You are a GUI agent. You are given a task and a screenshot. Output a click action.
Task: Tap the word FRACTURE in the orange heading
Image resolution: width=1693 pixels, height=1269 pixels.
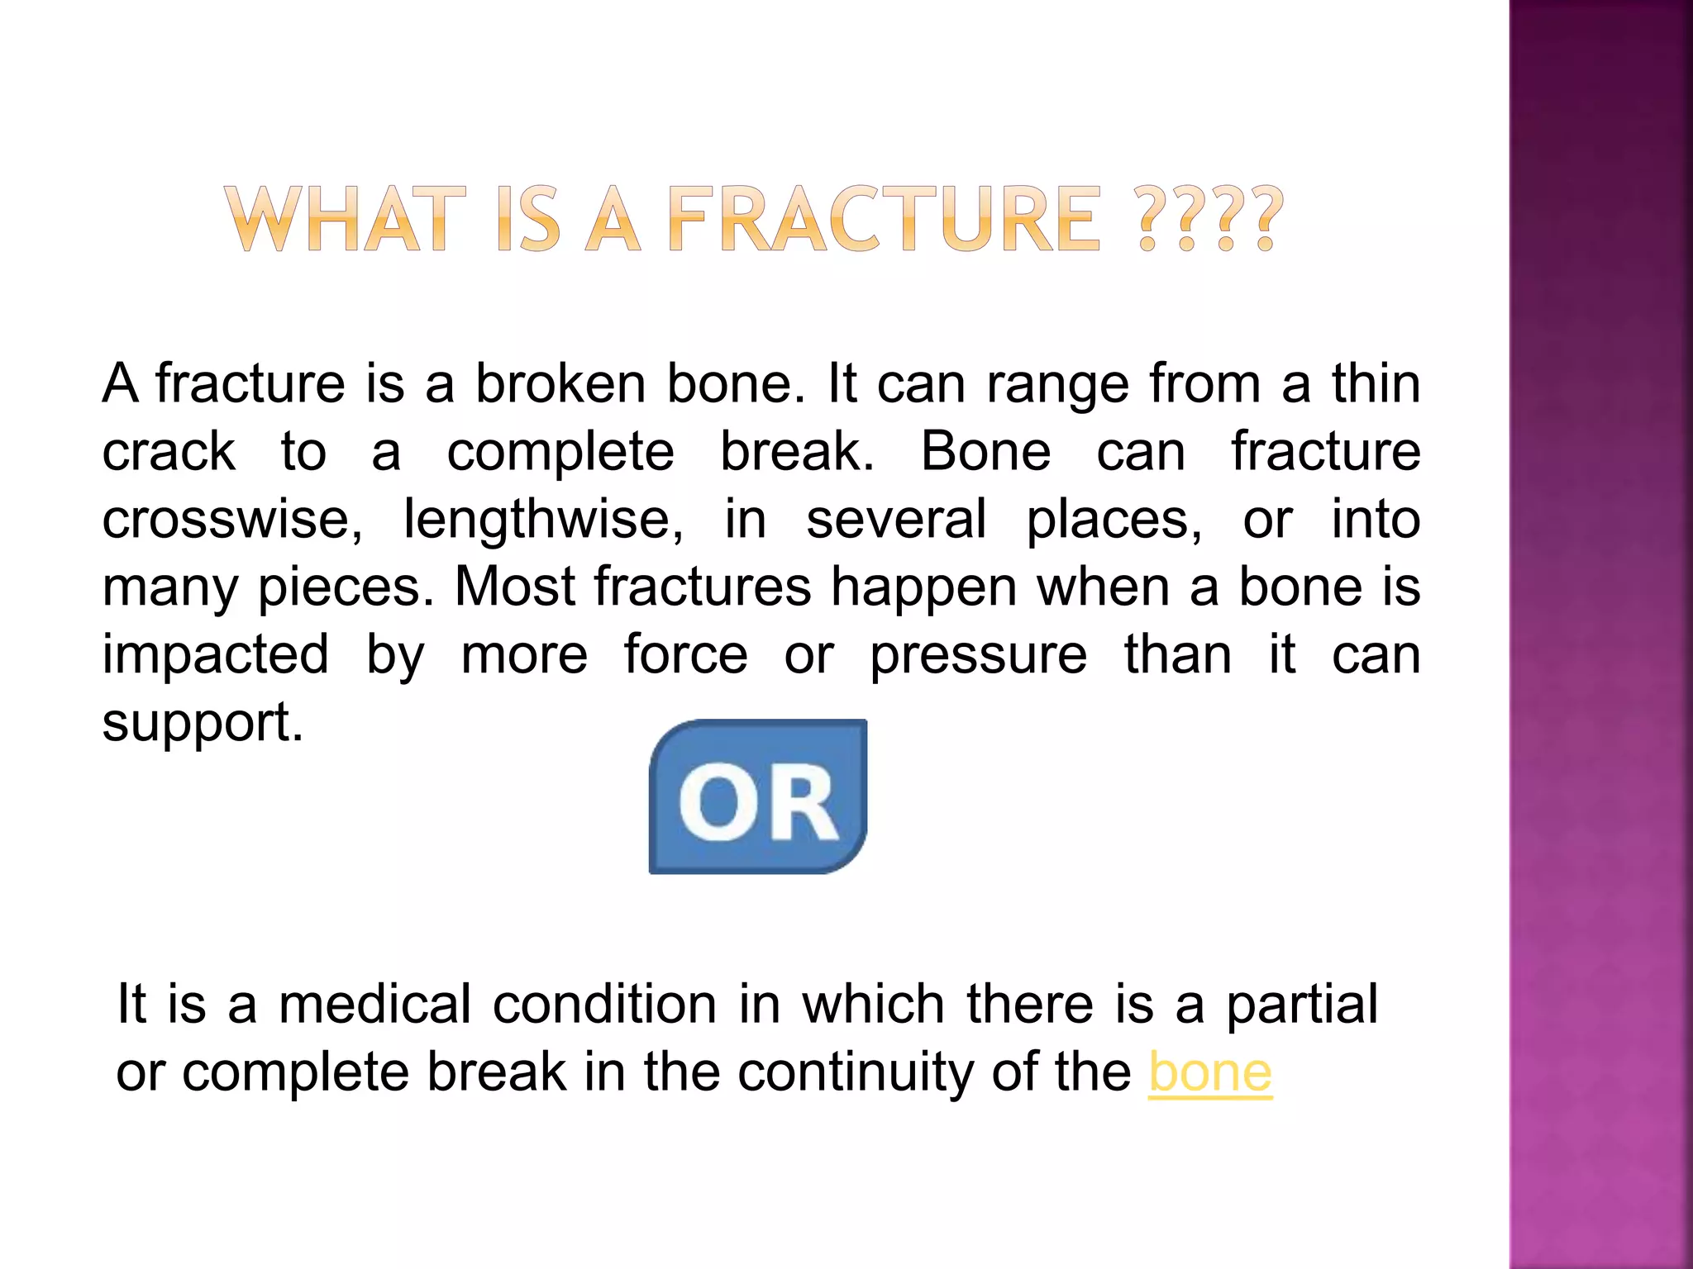point(884,219)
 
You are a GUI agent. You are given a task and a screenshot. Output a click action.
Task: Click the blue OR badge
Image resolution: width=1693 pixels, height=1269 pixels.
point(758,796)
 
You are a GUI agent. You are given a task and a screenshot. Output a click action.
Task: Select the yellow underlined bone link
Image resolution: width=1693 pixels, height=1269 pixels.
point(1210,1072)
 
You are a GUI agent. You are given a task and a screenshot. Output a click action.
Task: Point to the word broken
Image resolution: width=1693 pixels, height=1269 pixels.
point(560,384)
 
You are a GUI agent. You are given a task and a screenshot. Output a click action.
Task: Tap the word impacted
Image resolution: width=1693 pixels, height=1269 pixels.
point(216,654)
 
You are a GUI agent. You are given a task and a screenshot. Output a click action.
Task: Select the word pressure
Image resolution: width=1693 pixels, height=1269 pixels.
point(979,654)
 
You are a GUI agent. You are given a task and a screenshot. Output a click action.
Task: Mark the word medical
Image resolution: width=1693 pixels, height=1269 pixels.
point(374,1005)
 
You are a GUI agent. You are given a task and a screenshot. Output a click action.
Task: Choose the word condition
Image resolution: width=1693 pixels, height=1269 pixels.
point(604,1005)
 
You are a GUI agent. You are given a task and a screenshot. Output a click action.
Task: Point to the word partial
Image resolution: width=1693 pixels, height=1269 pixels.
point(1301,1005)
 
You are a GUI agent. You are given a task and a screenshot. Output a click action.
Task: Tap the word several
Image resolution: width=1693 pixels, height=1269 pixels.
point(896,520)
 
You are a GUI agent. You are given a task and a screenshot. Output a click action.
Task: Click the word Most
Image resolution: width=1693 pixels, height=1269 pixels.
point(514,587)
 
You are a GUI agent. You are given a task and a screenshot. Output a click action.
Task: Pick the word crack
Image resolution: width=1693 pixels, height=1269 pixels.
point(169,452)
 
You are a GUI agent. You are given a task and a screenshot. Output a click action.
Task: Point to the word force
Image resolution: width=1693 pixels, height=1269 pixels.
point(685,654)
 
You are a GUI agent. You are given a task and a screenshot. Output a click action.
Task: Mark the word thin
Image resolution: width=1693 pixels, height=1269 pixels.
point(1376,384)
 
